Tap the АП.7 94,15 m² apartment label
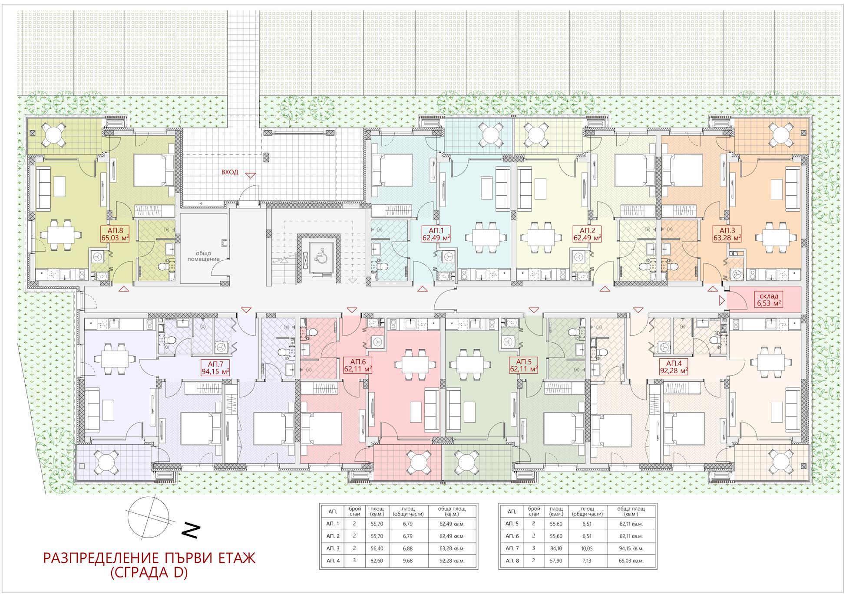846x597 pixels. tap(215, 367)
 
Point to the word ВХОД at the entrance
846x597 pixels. tap(230, 172)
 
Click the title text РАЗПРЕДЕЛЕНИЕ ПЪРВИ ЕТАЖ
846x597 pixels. tap(149, 558)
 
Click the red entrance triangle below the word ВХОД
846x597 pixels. tap(251, 175)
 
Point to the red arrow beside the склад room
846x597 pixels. tap(721, 300)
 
